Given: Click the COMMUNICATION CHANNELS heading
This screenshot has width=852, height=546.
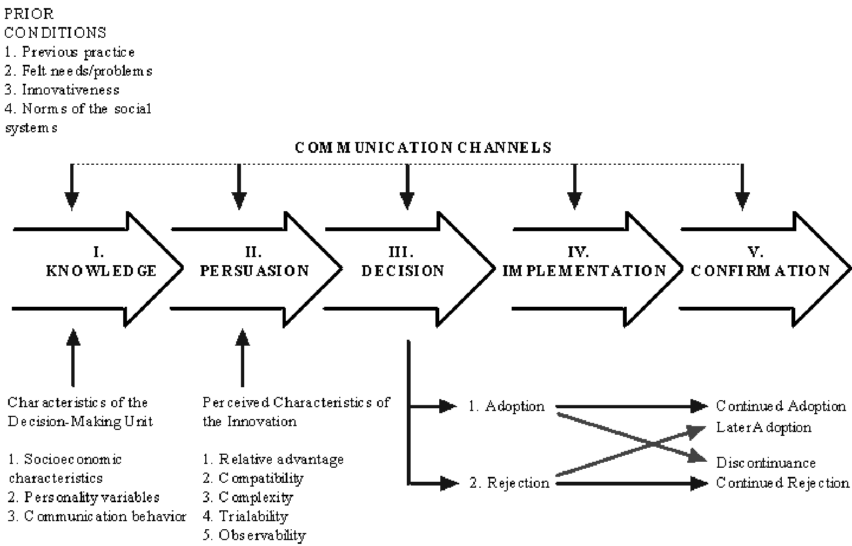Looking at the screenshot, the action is tap(423, 147).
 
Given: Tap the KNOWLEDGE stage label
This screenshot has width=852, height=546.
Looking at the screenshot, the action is tap(101, 271).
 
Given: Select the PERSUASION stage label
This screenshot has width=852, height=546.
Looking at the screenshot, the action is tap(254, 271).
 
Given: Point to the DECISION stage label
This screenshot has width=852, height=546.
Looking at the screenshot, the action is tap(403, 271).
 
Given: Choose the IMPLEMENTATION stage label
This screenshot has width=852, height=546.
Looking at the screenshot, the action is tap(584, 271).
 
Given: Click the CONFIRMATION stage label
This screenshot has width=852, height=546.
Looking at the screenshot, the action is tap(760, 271).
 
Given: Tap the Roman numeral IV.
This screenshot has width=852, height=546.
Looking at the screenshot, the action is tap(578, 252).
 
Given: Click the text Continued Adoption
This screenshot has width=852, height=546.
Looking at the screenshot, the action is tap(781, 406).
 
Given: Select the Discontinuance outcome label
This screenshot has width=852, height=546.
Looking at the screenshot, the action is tap(766, 463).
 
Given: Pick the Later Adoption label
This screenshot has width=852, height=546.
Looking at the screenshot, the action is tap(764, 427).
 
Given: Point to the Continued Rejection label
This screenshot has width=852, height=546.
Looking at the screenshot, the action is tap(782, 483).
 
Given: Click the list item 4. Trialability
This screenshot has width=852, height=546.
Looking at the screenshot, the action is tap(246, 516).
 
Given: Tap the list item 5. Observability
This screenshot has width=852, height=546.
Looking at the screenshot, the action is tap(254, 535).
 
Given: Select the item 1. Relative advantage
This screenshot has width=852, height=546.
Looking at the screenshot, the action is tap(273, 459).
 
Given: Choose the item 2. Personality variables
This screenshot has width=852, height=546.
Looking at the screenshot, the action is tap(83, 497).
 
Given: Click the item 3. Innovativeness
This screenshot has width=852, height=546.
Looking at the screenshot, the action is tap(62, 90).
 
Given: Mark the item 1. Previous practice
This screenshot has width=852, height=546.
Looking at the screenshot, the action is tap(70, 52).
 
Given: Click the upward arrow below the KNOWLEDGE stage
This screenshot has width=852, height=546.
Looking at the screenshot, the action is tap(73, 358).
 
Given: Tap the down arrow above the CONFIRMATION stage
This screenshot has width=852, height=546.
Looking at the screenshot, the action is tap(742, 187).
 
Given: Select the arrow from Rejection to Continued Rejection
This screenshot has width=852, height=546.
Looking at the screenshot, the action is tap(632, 484).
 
